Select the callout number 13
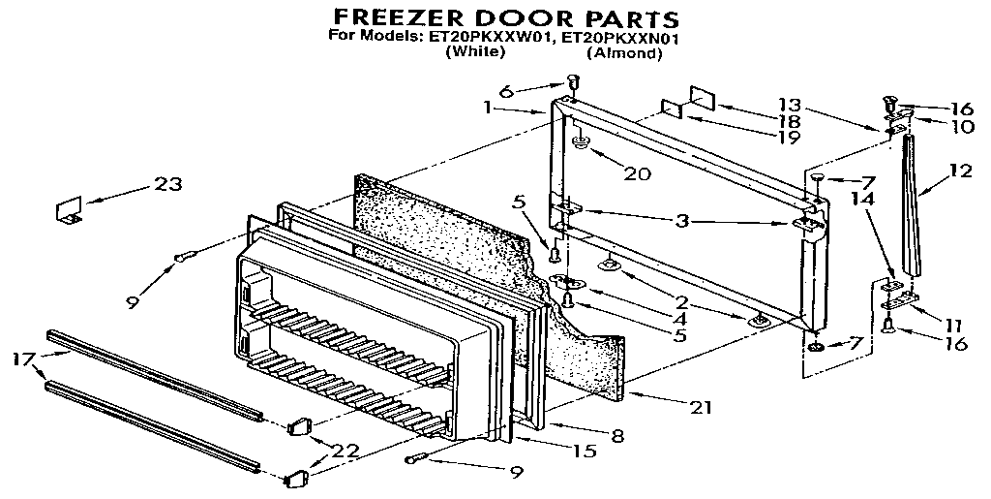791,105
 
